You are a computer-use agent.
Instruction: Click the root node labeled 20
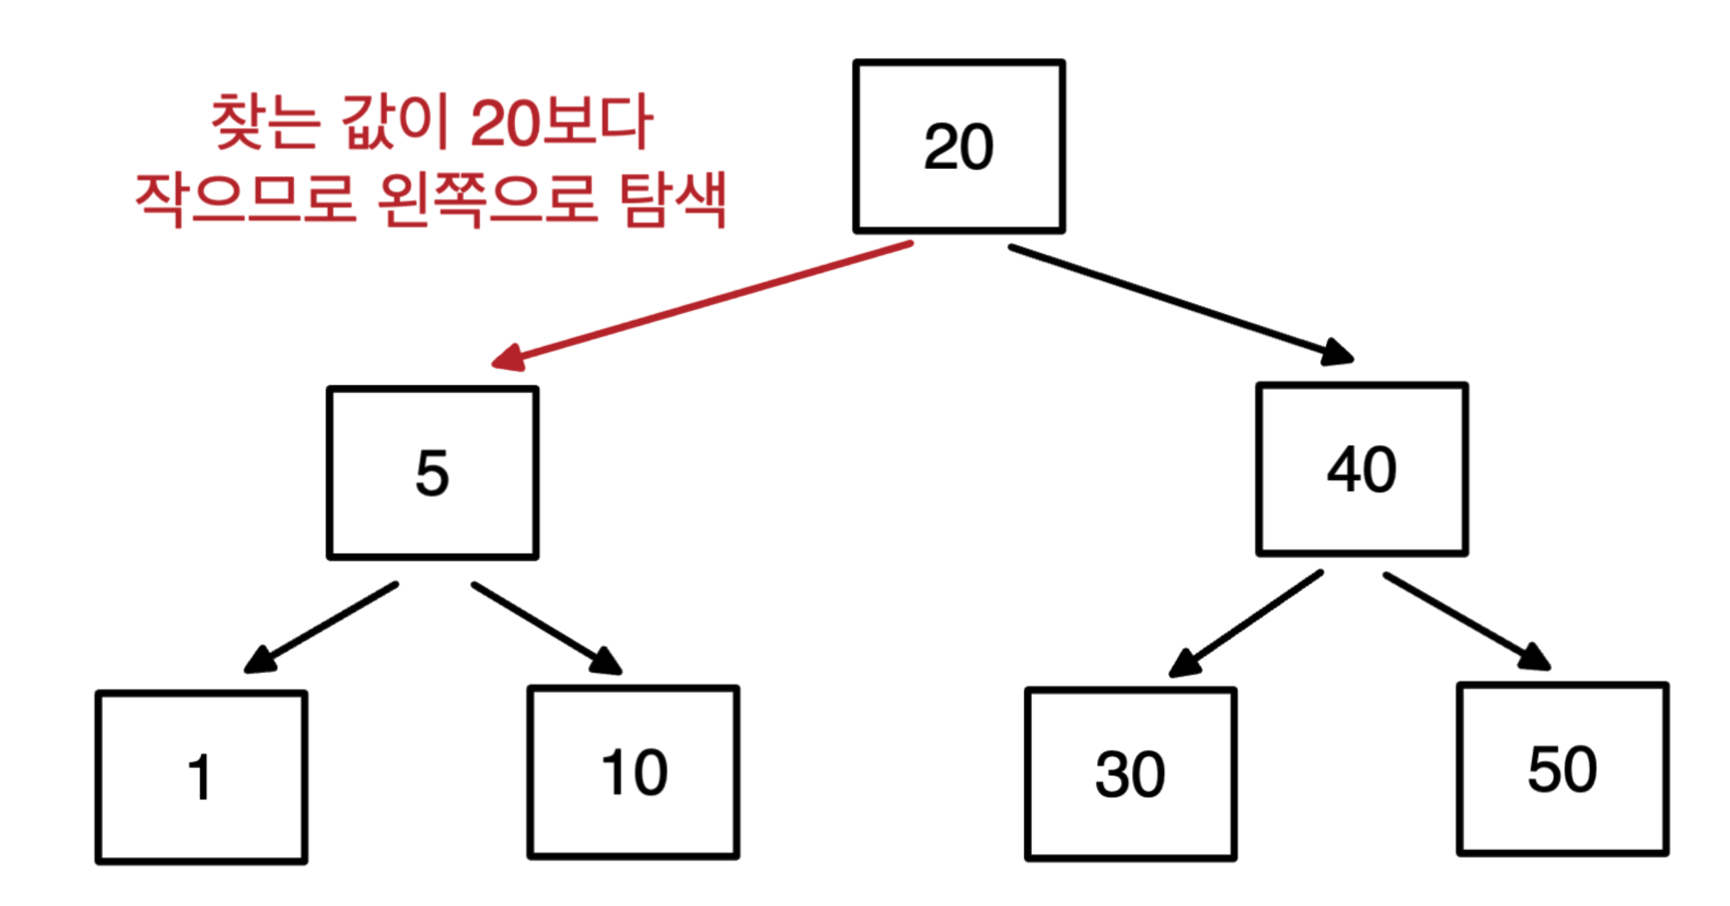pos(958,146)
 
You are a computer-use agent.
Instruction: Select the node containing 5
pos(432,473)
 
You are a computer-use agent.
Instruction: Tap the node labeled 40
pos(1361,469)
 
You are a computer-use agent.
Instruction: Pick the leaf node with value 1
pos(201,777)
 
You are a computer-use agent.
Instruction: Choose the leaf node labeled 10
pos(633,773)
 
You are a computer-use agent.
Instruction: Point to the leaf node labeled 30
pos(1130,775)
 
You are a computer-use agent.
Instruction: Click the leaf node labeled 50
pos(1562,770)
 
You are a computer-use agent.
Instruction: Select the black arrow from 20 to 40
pos(1172,301)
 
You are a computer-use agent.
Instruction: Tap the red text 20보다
pos(561,122)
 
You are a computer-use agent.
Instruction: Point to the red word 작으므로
pos(245,200)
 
